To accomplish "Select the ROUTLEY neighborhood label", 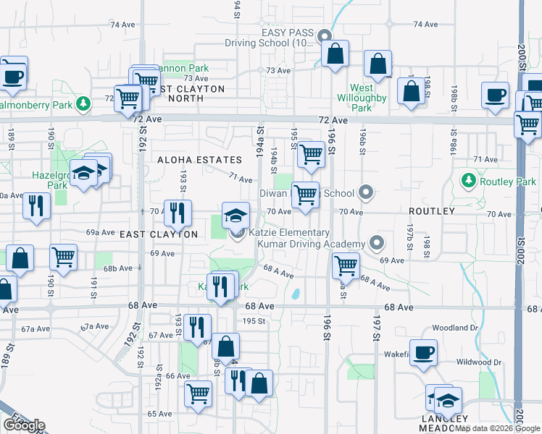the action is click(x=431, y=211).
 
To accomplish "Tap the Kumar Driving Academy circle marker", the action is click(x=376, y=243).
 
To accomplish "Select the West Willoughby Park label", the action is click(x=362, y=98).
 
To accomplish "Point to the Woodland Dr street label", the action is click(x=455, y=328).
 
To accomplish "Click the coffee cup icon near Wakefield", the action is click(x=423, y=352).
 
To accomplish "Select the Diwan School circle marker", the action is click(x=366, y=193).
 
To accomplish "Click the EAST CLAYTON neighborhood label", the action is click(x=159, y=234).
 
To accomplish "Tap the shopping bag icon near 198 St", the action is click(x=411, y=91).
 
